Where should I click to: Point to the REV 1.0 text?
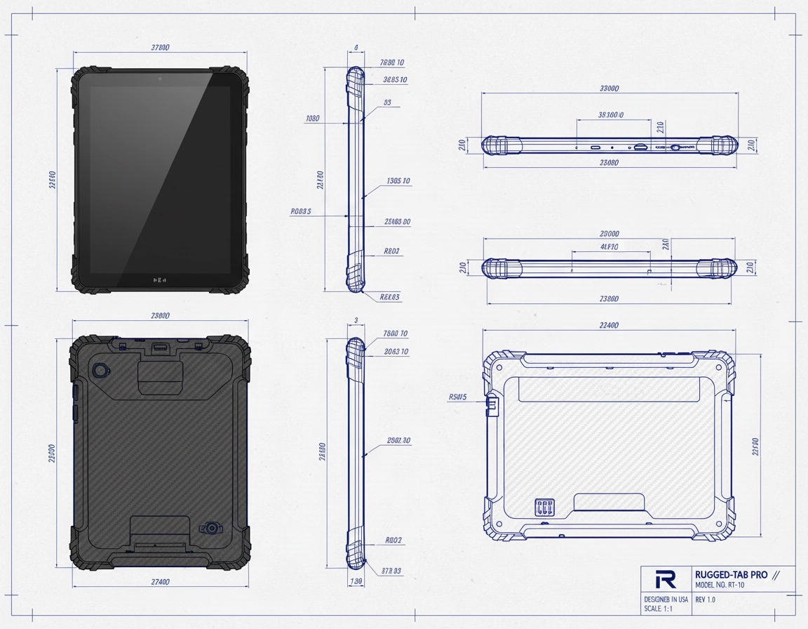pos(705,600)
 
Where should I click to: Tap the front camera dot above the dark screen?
pos(160,77)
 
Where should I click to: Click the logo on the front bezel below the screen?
pos(160,279)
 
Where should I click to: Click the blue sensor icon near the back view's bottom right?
pos(211,528)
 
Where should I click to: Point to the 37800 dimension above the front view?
pos(160,48)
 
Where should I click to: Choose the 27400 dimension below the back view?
pos(160,582)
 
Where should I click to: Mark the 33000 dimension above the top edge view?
pos(610,88)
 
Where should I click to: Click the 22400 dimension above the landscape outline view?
pos(610,325)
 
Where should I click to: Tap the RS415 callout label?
pos(457,397)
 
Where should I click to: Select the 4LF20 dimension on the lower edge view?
pos(609,247)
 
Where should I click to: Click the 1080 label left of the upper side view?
pos(313,119)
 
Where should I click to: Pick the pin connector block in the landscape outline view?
pos(544,508)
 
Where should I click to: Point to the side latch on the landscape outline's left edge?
pos(492,404)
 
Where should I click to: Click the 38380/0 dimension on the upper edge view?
pos(610,114)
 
